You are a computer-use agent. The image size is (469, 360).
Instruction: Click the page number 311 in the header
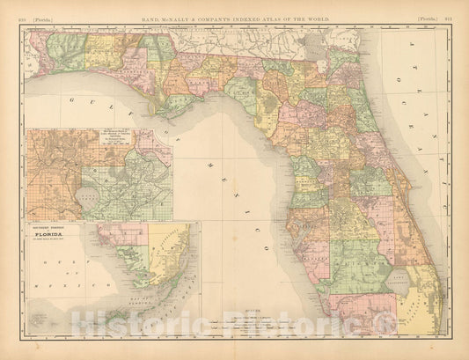tap(449, 6)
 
